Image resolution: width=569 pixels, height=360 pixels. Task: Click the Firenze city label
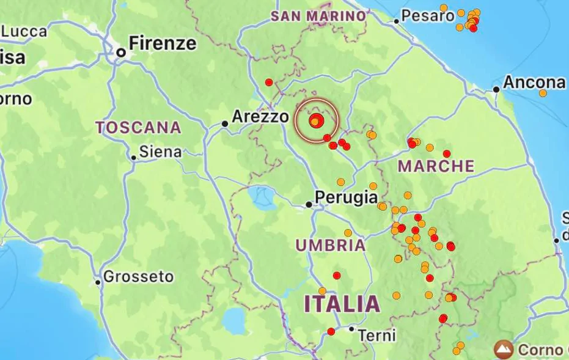coord(163,44)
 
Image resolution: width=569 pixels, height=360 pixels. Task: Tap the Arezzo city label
coord(260,116)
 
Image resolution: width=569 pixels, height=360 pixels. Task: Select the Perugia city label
coord(345,197)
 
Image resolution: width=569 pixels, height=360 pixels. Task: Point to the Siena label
coord(160,152)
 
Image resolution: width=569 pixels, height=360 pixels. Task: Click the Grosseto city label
coord(138,277)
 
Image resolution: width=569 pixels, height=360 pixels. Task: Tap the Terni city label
coord(377,336)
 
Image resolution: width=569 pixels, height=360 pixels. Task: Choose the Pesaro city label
coord(428,17)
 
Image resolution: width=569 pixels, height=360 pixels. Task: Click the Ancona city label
coord(534,83)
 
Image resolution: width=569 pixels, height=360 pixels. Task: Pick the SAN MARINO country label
coord(318,16)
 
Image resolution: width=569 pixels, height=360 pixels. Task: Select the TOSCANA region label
coord(139,128)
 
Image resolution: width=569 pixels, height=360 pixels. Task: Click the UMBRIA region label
coord(331,246)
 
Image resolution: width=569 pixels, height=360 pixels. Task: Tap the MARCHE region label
coord(436,166)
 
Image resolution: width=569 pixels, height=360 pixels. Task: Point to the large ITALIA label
coord(342,304)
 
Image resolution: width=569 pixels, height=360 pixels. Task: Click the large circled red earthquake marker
coord(316,120)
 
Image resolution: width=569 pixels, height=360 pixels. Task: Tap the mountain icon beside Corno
coord(504,350)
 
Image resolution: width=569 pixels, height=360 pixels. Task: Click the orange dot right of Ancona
coord(543,93)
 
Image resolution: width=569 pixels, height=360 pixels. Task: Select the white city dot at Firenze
coord(121,53)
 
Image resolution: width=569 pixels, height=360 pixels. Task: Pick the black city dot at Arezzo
coord(225,123)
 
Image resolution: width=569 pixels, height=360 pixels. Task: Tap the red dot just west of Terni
coord(331,331)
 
